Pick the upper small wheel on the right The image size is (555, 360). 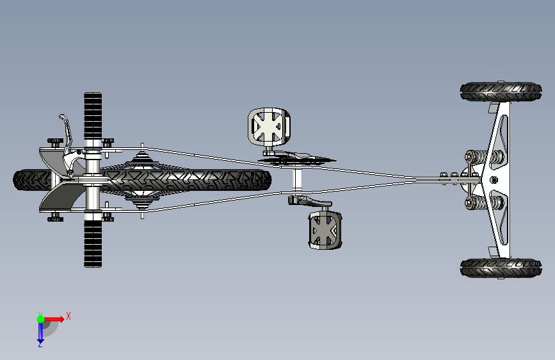500,92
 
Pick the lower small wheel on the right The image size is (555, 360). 500,267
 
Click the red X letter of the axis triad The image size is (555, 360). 68,315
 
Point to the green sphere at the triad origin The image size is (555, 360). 40,318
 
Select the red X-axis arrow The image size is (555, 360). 54,318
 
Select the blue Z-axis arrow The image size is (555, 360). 40,331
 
